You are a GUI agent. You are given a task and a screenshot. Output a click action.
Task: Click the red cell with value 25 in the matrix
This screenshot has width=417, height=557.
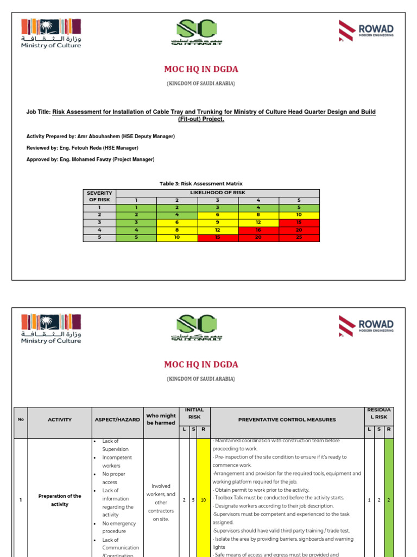(x=299, y=238)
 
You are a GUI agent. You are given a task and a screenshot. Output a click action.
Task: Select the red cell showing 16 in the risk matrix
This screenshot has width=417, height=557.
(x=258, y=230)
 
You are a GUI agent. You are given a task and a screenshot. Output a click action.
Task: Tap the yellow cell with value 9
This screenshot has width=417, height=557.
(x=218, y=222)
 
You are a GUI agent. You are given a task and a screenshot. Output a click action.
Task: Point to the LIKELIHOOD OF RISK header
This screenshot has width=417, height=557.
(x=217, y=193)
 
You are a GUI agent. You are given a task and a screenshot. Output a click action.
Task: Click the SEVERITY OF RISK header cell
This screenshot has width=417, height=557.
(x=99, y=196)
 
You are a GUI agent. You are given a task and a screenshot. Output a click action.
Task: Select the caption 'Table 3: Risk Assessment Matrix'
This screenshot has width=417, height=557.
(x=201, y=184)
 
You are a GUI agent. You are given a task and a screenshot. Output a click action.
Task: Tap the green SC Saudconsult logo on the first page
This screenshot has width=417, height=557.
(x=196, y=33)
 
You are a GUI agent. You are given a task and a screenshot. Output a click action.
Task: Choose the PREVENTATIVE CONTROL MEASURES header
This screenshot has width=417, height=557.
(x=287, y=419)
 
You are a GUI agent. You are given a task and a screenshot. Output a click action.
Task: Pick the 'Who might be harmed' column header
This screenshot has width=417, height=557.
(x=161, y=419)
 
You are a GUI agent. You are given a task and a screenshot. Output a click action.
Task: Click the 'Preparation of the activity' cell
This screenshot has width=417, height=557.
(x=60, y=500)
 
